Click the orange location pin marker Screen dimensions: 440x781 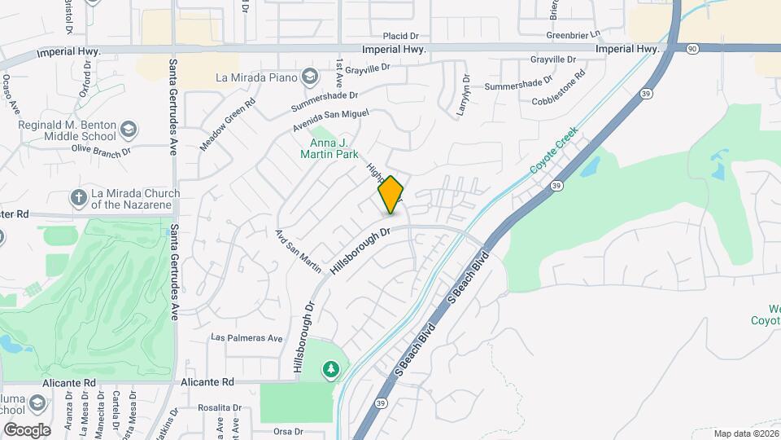[x=391, y=195]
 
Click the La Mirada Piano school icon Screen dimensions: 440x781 [x=308, y=78]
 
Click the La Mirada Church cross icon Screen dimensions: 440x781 [x=79, y=197]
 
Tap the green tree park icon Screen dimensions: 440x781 [x=331, y=371]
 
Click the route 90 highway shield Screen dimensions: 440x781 [x=691, y=49]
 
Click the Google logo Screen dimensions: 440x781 [x=27, y=429]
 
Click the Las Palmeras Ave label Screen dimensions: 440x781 [x=247, y=338]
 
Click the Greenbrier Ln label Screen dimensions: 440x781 [x=573, y=35]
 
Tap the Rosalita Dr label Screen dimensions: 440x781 [x=220, y=407]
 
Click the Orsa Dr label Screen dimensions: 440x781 [x=288, y=431]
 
